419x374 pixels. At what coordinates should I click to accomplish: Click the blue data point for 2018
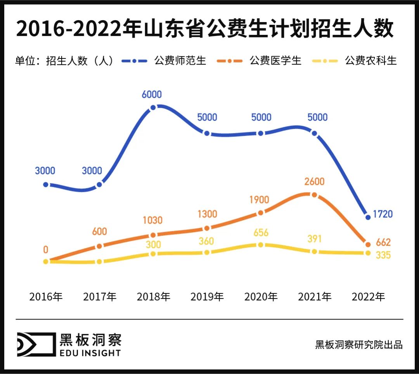click(153, 107)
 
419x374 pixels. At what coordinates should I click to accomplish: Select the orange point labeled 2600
click(314, 195)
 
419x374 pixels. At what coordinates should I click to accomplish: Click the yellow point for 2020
click(261, 245)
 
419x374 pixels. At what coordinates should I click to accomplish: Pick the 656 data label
click(261, 233)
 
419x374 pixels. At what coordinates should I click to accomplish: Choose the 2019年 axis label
click(207, 297)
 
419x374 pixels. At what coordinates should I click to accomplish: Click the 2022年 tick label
click(368, 297)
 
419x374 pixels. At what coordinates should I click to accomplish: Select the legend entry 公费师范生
click(180, 61)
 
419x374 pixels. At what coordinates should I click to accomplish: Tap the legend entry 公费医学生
click(276, 61)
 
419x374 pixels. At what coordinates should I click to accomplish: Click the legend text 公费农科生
click(371, 61)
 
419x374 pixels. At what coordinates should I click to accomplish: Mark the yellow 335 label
click(383, 255)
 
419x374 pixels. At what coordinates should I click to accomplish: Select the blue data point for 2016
click(46, 184)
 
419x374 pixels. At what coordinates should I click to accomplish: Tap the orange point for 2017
click(99, 246)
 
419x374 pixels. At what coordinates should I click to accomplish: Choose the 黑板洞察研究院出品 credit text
click(359, 345)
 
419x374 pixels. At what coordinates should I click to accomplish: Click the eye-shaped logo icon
click(35, 344)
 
